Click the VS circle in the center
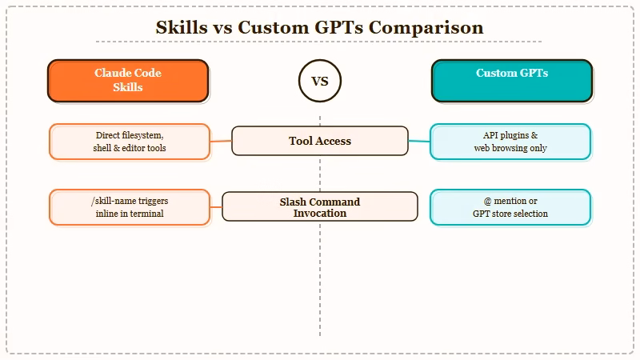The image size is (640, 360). (x=319, y=81)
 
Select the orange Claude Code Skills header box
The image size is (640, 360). (x=128, y=80)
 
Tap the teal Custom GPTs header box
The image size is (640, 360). (x=512, y=80)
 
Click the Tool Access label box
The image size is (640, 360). (x=320, y=141)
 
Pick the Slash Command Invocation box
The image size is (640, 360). (x=320, y=206)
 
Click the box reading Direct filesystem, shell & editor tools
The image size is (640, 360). (x=130, y=142)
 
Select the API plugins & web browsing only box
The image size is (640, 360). (x=510, y=142)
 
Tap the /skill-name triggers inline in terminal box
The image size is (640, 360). (x=130, y=207)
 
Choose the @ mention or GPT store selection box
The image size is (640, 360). (x=510, y=207)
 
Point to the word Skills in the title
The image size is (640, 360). (x=181, y=27)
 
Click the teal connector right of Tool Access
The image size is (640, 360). (x=418, y=142)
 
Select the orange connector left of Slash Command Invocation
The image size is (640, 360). (x=216, y=207)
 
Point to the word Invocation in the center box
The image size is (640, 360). (x=320, y=213)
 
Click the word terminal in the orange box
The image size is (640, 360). (x=146, y=214)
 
